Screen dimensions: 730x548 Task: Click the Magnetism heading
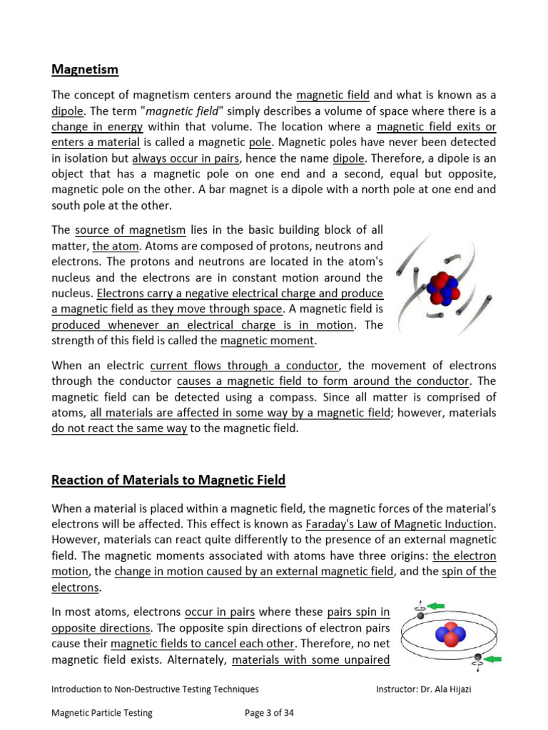pyautogui.click(x=85, y=70)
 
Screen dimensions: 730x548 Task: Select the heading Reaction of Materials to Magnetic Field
pyautogui.click(x=168, y=480)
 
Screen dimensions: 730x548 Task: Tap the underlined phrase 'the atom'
pyautogui.click(x=111, y=247)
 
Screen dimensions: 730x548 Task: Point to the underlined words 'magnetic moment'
pyautogui.click(x=267, y=341)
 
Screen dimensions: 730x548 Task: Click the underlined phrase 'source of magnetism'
pyautogui.click(x=130, y=230)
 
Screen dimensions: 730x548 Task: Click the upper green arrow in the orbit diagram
pyautogui.click(x=435, y=606)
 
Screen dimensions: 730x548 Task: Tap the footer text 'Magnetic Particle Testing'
pyautogui.click(x=102, y=712)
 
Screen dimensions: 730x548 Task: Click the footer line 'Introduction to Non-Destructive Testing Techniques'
pyautogui.click(x=155, y=689)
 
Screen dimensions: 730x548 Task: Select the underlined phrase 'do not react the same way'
pyautogui.click(x=119, y=428)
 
